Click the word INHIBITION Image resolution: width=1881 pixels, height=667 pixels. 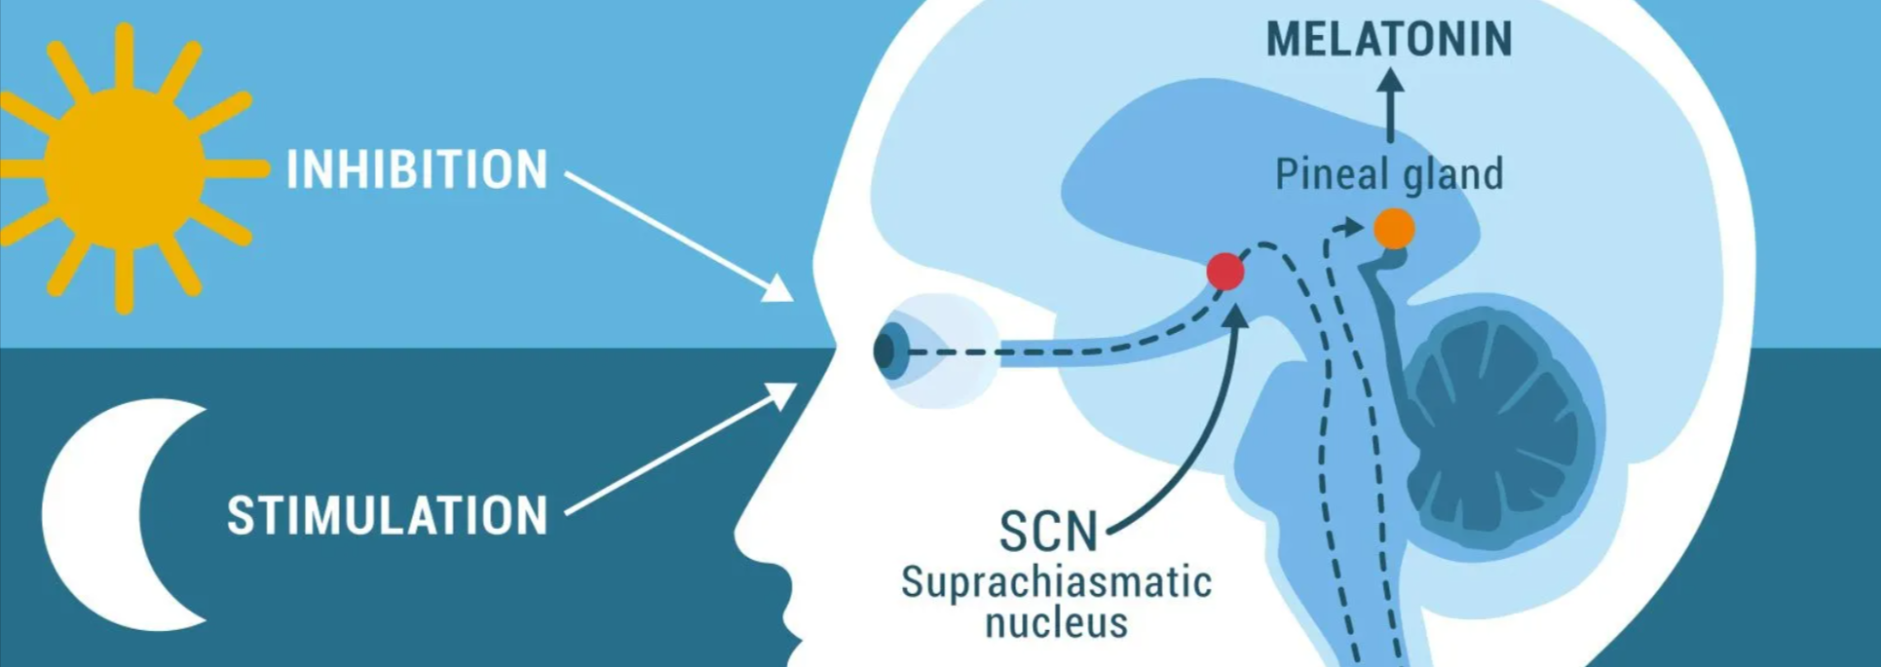click(417, 169)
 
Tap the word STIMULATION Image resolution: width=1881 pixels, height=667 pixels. click(388, 515)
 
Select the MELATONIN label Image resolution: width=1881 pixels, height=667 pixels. click(1389, 39)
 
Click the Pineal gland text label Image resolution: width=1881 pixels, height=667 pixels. click(1389, 174)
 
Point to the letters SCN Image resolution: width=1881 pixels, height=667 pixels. click(1048, 532)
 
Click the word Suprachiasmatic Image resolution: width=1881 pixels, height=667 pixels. click(1057, 582)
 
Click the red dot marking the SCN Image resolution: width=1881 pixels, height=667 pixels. click(1225, 272)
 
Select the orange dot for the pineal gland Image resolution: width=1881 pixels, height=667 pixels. click(1394, 229)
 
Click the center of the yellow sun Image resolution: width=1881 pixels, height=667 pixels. click(125, 168)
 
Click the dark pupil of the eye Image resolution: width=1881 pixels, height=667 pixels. click(884, 352)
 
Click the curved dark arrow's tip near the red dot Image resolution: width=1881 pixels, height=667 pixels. click(1235, 314)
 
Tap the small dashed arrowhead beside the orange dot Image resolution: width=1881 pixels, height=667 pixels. click(1352, 227)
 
